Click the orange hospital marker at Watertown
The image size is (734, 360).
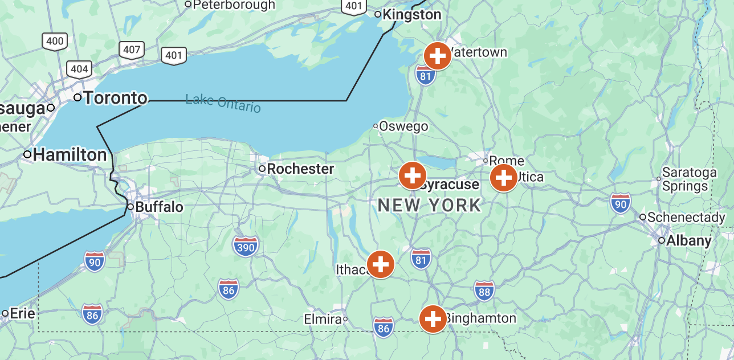click(438, 56)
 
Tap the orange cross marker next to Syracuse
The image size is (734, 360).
click(413, 175)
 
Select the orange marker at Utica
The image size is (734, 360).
click(504, 178)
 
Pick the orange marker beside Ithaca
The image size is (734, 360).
click(381, 264)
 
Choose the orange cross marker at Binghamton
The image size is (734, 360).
click(433, 319)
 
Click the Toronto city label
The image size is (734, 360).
click(115, 98)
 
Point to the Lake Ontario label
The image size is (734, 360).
click(223, 103)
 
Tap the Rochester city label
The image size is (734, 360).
click(300, 169)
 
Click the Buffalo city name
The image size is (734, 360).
click(159, 207)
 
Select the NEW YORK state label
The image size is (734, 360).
click(430, 205)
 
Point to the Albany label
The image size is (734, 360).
click(688, 240)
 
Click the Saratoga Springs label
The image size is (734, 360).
click(689, 179)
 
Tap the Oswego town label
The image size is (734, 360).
click(403, 126)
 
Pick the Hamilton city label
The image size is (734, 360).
click(70, 154)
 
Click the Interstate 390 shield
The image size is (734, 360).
click(246, 246)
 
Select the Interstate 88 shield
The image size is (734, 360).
click(484, 291)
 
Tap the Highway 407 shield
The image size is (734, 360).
click(132, 50)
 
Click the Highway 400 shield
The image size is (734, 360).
click(55, 41)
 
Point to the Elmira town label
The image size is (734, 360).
click(323, 319)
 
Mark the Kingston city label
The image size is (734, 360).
click(411, 14)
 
